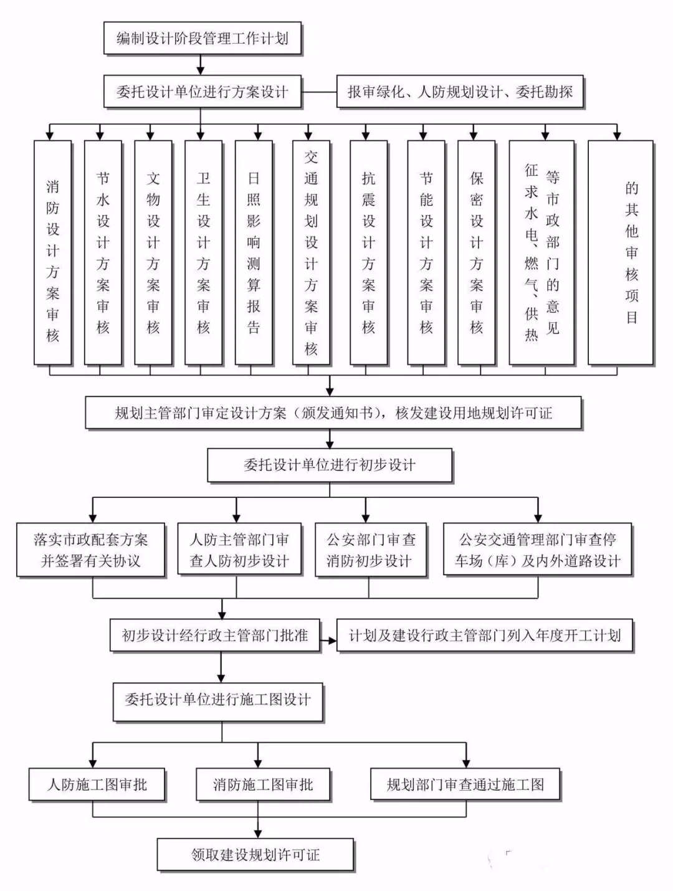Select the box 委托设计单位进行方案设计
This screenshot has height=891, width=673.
coord(202,92)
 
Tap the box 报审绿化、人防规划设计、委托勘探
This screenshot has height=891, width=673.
coord(460,92)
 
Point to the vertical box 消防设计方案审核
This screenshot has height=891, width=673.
coord(52,252)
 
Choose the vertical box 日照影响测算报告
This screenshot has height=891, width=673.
coord(253,252)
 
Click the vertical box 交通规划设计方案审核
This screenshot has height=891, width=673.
coord(311,252)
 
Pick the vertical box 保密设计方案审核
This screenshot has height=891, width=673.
coord(476,252)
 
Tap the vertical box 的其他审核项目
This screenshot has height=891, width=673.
coord(620,252)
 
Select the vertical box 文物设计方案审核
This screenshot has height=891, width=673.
coord(153,252)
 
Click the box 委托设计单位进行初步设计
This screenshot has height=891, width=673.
coord(329,465)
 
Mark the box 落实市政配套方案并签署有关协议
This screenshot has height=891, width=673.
coord(91,550)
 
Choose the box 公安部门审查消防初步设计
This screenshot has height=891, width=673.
coord(370,550)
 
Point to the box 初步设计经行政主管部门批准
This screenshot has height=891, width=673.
coord(215,636)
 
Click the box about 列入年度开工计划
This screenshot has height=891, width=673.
coord(484,636)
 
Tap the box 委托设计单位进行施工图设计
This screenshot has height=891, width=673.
coord(217,700)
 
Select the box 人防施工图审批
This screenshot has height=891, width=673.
coord(97,784)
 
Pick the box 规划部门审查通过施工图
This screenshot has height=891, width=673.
coord(465,784)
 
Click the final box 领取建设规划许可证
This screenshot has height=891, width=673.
coord(255,854)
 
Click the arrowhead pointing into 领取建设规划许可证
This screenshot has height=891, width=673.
coord(258,833)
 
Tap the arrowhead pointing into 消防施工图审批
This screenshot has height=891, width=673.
coord(258,763)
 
